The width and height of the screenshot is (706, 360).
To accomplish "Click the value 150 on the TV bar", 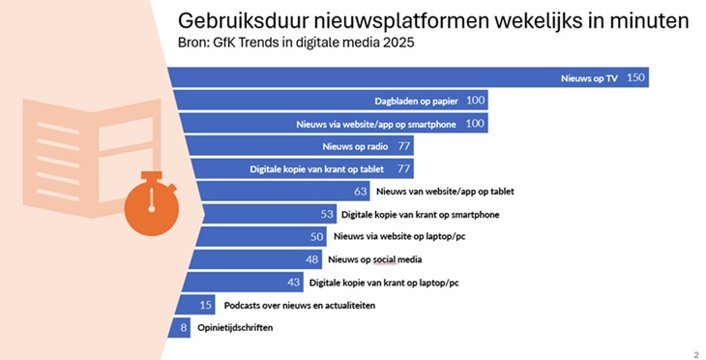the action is tap(635, 77).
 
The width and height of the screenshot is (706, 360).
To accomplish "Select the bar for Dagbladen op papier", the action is tap(331, 100).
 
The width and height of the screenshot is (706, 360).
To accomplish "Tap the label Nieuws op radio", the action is tap(355, 146).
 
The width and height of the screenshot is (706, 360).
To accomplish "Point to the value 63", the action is tap(360, 192).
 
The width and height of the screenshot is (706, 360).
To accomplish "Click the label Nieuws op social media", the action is tap(375, 259).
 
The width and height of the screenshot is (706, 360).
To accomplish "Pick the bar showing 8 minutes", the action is tap(179, 327).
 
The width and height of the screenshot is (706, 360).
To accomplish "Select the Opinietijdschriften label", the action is tap(235, 328).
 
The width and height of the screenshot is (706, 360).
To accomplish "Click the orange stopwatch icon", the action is tap(152, 203).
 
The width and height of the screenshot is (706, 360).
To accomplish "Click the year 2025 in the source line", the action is tap(398, 43).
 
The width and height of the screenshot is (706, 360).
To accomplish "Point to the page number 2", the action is tap(696, 354).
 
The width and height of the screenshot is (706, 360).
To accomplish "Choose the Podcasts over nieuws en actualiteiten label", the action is tap(300, 306).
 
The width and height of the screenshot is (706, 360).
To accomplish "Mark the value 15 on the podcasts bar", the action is tap(206, 305).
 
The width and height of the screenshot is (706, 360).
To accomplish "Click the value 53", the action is tap(327, 215).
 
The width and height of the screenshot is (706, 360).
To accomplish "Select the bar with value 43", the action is tap(242, 282).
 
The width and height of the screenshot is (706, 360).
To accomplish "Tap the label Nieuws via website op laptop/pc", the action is tap(399, 236).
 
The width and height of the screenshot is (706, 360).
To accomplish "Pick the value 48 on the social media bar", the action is tap(312, 259).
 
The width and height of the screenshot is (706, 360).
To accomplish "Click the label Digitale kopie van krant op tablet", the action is tap(317, 169).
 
